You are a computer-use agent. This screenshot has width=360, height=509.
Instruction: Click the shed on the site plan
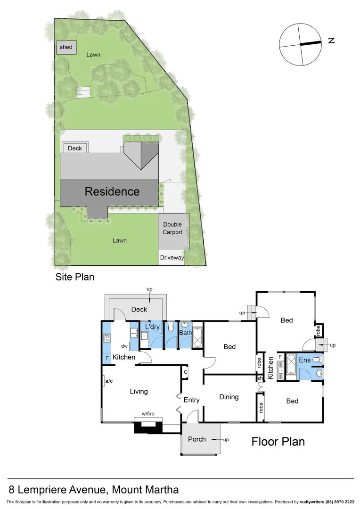click(66, 47)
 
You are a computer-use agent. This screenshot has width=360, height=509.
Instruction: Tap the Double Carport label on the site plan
click(172, 228)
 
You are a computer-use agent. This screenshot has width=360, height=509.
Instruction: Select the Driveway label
click(172, 258)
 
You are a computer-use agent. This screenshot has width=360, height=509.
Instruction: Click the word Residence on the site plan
click(112, 191)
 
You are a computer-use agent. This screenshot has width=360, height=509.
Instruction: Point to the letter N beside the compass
click(331, 41)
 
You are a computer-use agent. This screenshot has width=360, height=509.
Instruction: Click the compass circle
click(300, 44)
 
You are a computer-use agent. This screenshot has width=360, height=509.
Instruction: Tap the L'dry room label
click(152, 327)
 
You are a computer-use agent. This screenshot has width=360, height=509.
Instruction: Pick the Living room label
click(139, 391)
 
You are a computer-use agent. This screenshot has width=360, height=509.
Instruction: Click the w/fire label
click(148, 414)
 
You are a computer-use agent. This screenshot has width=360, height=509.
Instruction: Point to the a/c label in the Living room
click(109, 381)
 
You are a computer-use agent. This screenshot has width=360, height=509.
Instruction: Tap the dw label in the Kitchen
click(124, 345)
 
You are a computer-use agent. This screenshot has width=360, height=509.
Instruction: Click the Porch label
click(197, 439)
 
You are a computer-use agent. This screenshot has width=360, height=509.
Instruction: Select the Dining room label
click(229, 397)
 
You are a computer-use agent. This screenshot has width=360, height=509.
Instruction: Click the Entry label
click(191, 400)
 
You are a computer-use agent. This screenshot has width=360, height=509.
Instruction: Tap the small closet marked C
click(186, 371)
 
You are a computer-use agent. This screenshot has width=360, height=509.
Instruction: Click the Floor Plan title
click(278, 441)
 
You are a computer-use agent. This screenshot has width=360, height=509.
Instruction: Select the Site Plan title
click(75, 277)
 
